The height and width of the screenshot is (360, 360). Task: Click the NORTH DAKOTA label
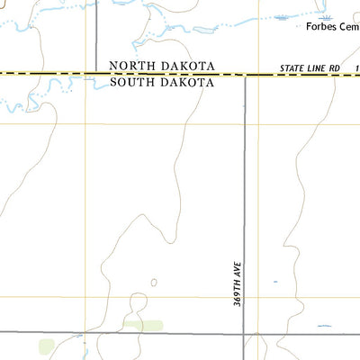pos(161,66)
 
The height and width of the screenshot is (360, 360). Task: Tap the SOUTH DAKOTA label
pos(161,82)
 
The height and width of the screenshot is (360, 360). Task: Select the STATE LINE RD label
pos(308,68)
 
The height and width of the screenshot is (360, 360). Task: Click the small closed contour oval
pos(153,283)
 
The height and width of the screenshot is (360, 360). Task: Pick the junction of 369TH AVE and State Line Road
pos(246,76)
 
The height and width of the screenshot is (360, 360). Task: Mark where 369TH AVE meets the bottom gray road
pos(246,333)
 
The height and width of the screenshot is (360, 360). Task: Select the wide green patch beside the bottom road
pos(143,325)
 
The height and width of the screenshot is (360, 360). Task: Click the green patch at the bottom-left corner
pos(46,346)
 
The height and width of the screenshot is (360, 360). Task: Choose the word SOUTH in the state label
pos(131,82)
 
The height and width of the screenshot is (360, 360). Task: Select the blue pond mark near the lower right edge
pos(323,326)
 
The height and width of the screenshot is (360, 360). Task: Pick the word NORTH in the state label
pos(131,66)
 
